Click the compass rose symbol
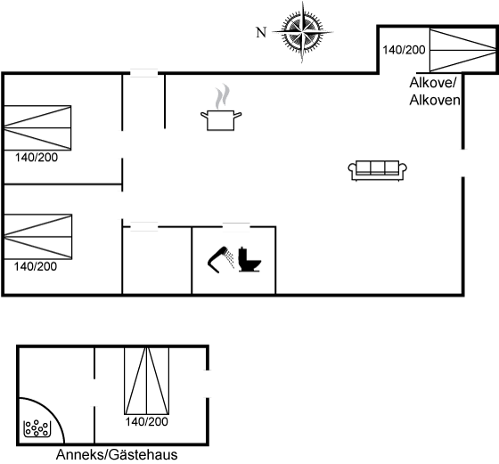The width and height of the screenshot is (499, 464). tap(302, 32)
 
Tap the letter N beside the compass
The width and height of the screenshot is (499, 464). tap(261, 32)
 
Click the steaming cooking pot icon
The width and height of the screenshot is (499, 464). tap(221, 107)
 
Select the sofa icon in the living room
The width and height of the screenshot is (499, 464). tap(378, 170)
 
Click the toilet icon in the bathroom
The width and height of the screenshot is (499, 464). tap(250, 259)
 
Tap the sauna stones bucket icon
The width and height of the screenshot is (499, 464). tap(37, 428)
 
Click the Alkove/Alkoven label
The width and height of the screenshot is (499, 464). tap(435, 91)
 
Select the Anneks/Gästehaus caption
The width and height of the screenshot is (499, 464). tap(117, 455)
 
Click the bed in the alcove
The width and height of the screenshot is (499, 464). tap(463, 50)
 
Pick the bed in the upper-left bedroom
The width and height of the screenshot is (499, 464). tap(37, 128)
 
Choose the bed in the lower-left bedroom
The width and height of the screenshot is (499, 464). tap(37, 237)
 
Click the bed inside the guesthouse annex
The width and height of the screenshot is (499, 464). tap(146, 381)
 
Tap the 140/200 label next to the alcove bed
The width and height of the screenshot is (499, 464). tap(404, 50)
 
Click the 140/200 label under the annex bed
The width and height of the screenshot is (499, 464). tap(146, 422)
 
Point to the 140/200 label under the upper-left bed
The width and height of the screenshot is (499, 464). tap(37, 158)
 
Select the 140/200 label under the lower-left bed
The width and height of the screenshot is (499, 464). tap(36, 266)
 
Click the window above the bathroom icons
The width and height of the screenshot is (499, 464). tap(236, 227)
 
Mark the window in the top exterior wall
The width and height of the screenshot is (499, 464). tap(144, 73)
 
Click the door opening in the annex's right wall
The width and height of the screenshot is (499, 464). tap(208, 384)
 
